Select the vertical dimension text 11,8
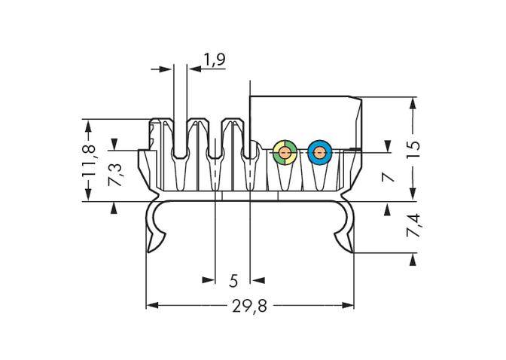(x=89, y=159)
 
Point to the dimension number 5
(x=233, y=281)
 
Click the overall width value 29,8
(x=249, y=306)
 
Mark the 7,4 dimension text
(x=413, y=227)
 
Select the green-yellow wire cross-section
(x=284, y=153)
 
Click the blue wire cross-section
(x=319, y=153)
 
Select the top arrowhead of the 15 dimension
(x=413, y=102)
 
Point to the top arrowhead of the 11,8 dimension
(x=89, y=124)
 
